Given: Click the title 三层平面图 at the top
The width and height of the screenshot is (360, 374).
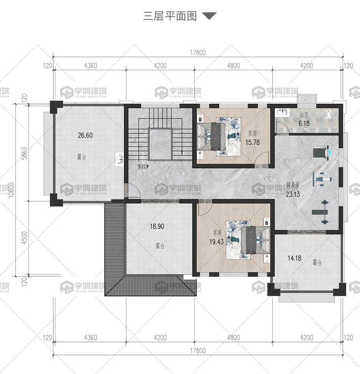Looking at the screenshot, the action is (x=170, y=16).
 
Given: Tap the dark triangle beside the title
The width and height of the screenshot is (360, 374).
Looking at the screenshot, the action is (x=209, y=15).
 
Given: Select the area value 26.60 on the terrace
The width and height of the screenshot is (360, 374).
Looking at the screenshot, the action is (x=85, y=135).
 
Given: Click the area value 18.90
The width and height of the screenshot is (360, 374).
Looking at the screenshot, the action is (x=157, y=226).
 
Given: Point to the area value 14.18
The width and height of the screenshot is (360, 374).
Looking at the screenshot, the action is (x=294, y=258).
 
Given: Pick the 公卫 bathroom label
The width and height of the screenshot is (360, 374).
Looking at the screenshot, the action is (x=304, y=115).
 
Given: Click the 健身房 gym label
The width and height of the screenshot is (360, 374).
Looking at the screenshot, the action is (x=293, y=185).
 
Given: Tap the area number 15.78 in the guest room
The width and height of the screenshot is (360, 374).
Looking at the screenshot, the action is (x=252, y=142).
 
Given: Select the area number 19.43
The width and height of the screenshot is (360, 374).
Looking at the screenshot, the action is (x=216, y=242).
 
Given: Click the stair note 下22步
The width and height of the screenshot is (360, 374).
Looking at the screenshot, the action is (x=143, y=167).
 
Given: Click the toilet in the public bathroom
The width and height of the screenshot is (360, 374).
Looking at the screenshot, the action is (x=328, y=115).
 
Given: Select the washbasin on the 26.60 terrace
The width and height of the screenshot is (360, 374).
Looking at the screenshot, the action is (x=119, y=159).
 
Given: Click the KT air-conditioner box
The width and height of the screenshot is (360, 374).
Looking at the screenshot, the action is (x=307, y=99).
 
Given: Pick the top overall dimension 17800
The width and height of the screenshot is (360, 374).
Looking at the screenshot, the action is (x=198, y=53).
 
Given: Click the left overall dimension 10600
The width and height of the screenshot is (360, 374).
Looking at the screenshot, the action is (x=11, y=190).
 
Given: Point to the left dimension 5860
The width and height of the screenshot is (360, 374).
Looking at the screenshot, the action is (x=24, y=154).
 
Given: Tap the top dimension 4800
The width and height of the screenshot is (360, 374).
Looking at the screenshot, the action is (x=233, y=66).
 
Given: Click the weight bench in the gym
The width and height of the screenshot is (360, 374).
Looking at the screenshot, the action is (x=321, y=212).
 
